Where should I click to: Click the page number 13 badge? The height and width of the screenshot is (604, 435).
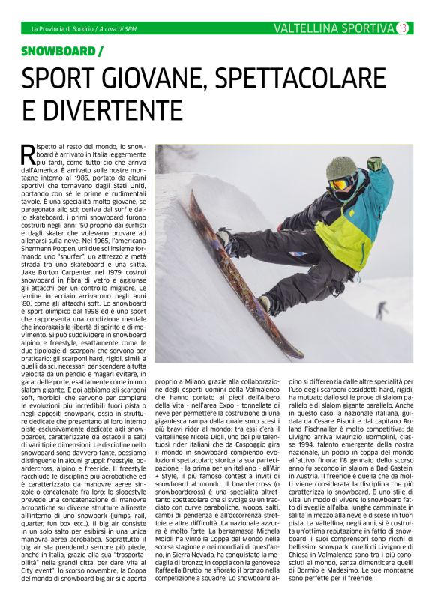click(x=403, y=28)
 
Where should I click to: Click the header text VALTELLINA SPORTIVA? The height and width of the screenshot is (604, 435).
click(x=334, y=28)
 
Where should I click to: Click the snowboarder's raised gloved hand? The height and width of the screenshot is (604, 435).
click(x=375, y=163)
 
